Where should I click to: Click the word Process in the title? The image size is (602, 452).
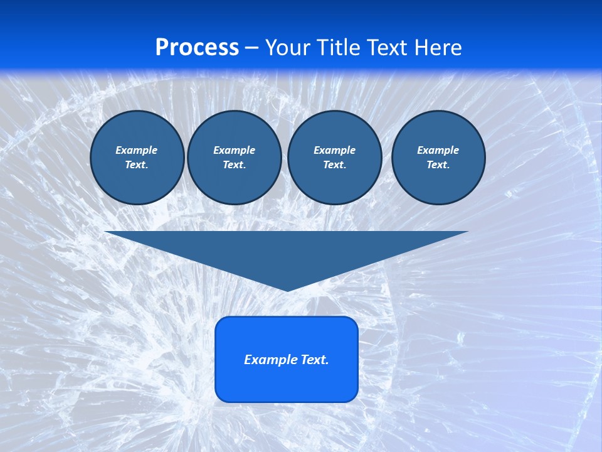(197, 48)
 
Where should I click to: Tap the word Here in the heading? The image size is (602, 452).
(438, 48)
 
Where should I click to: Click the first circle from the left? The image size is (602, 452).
(137, 158)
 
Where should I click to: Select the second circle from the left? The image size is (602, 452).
(235, 158)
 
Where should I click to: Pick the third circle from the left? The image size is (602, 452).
(335, 158)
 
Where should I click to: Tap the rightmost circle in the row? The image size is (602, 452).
(438, 158)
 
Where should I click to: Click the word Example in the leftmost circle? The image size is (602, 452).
(137, 150)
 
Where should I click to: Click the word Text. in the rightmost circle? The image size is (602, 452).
(438, 164)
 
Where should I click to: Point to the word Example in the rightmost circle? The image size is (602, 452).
(438, 150)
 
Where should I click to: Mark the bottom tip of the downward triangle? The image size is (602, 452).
(287, 290)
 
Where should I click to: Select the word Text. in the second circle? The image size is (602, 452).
(235, 164)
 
